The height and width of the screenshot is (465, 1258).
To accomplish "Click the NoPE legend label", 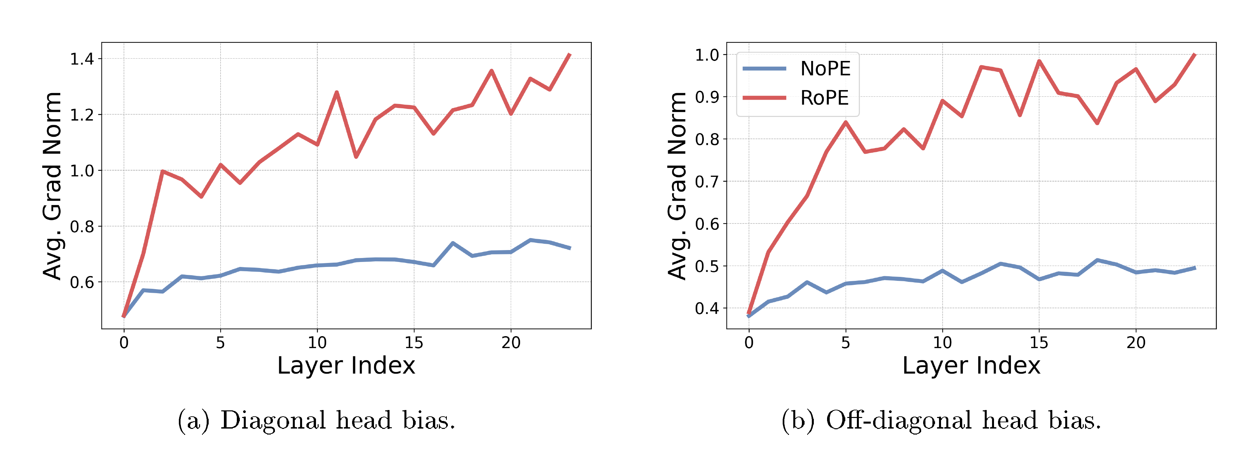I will click(x=825, y=69).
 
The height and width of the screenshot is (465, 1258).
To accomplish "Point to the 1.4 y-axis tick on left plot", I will click(x=81, y=59).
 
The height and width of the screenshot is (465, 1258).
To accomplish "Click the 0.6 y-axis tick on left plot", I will click(x=81, y=282).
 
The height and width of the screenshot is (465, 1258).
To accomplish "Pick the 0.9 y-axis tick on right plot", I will click(x=707, y=97).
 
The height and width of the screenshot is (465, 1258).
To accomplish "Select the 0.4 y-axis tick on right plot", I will click(x=707, y=309).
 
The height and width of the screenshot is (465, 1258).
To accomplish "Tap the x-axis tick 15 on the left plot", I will click(x=414, y=342).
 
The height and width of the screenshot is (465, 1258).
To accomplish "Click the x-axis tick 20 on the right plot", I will click(x=1135, y=342).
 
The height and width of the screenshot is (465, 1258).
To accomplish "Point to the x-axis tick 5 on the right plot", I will click(x=845, y=342).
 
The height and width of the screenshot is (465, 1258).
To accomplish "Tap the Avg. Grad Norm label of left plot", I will click(x=52, y=185).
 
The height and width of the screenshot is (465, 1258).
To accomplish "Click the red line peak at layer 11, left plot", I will click(x=337, y=92).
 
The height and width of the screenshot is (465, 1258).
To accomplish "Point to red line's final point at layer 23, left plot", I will click(x=569, y=54).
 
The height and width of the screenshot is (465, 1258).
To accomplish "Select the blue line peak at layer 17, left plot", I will click(x=453, y=243).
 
